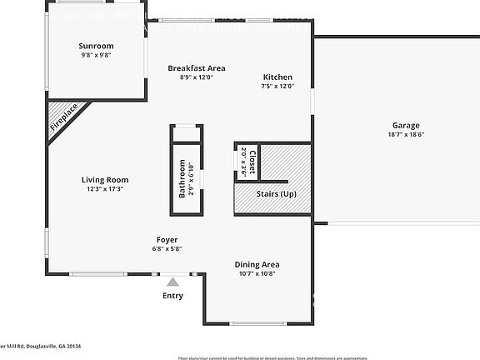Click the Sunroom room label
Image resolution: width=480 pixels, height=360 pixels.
pyautogui.click(x=96, y=46)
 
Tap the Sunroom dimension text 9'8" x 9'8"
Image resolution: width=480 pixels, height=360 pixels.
pyautogui.click(x=96, y=55)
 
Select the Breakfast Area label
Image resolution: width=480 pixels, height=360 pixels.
pyautogui.click(x=197, y=68)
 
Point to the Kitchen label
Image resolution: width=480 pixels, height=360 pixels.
pyautogui.click(x=277, y=77)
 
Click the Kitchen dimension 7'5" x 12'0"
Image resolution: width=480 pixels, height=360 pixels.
pyautogui.click(x=277, y=87)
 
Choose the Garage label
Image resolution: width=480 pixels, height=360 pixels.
pyautogui.click(x=406, y=125)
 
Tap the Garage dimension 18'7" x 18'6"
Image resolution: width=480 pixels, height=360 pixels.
pyautogui.click(x=406, y=134)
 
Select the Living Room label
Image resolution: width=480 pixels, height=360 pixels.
pyautogui.click(x=105, y=179)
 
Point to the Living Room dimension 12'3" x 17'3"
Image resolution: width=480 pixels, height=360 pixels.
pyautogui.click(x=105, y=189)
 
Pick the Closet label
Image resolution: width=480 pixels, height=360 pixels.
pyautogui.click(x=252, y=158)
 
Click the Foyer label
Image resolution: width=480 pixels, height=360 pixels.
pyautogui.click(x=167, y=238)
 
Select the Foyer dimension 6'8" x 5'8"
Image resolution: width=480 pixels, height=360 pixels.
pyautogui.click(x=167, y=247)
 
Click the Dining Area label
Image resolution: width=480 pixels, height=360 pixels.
pyautogui.click(x=257, y=264)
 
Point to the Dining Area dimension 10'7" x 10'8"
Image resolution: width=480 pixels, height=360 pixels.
pyautogui.click(x=257, y=273)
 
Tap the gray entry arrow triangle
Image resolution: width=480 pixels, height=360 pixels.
pyautogui.click(x=172, y=282)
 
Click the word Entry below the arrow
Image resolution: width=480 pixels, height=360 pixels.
pyautogui.click(x=172, y=296)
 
